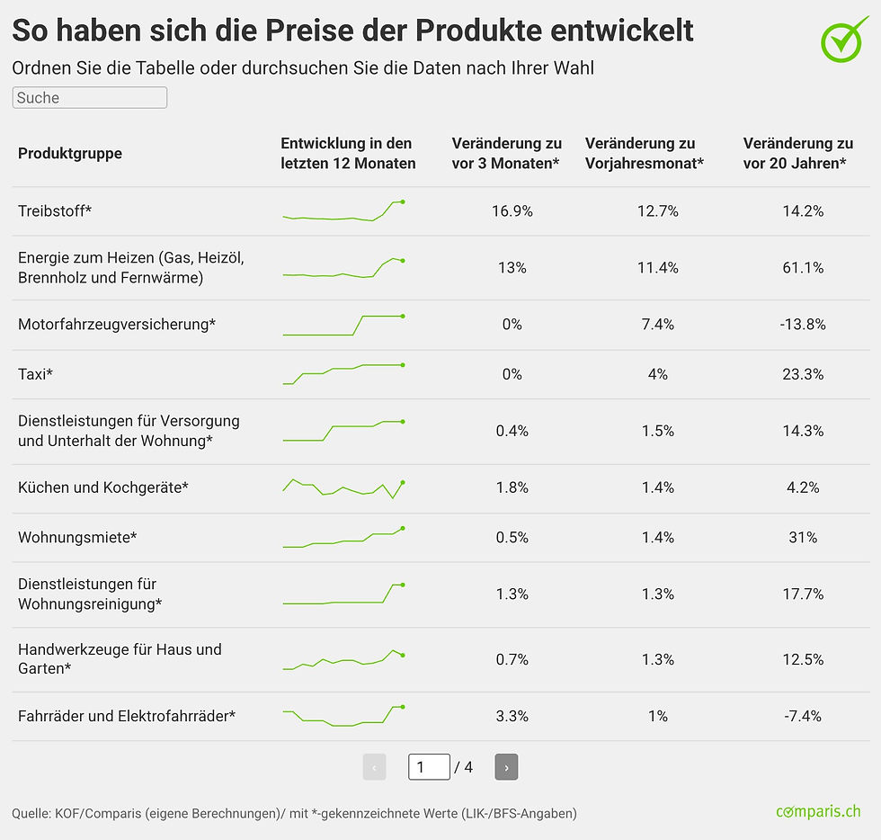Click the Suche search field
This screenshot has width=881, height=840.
point(89,97)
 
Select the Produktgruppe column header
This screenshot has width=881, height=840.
point(70,153)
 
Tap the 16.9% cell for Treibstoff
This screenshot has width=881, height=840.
point(512,210)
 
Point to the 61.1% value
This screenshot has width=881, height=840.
point(803,268)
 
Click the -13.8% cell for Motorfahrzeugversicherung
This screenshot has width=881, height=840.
point(803,325)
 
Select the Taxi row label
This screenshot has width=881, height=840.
point(35,374)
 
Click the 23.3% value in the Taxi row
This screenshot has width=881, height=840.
point(803,374)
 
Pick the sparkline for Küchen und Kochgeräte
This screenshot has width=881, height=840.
point(343,489)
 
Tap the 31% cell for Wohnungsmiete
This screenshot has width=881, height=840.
point(803,537)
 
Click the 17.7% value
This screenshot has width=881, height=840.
point(803,594)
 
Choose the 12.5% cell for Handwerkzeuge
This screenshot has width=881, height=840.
point(803,659)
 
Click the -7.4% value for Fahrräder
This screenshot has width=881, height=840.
point(803,716)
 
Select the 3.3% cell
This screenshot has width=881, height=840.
point(512,716)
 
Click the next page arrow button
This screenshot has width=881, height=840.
point(506,767)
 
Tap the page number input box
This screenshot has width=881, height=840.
point(430,767)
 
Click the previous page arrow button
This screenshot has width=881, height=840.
point(374,767)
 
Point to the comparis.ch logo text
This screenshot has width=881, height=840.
point(818,811)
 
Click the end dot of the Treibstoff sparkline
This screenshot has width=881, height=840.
point(403,201)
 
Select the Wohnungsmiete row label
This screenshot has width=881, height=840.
point(77,537)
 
